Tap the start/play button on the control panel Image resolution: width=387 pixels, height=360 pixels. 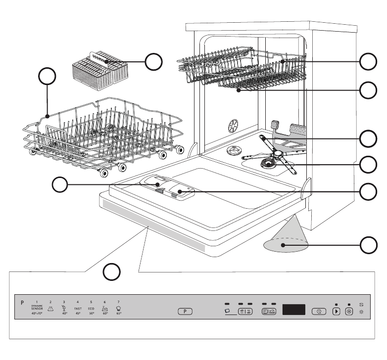337,312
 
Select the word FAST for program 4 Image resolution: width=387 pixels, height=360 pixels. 78,308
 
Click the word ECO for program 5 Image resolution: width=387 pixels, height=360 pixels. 91,308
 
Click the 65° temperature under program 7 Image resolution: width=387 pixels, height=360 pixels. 119,314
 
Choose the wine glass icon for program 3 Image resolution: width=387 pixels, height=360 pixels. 64,307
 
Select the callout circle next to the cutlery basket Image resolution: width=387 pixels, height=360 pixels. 153,61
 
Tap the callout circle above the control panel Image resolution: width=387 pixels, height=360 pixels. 113,271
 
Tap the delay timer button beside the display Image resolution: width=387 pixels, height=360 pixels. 321,312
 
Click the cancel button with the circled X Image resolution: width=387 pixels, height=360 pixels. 349,312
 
